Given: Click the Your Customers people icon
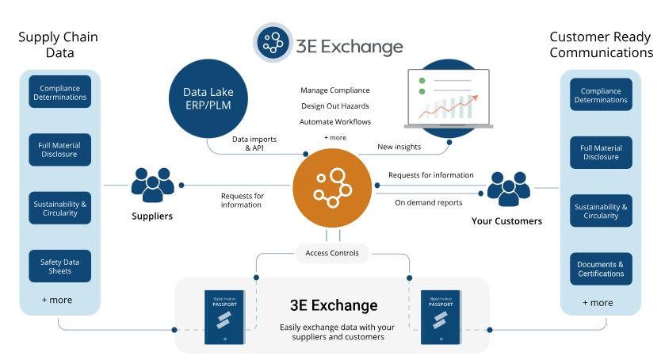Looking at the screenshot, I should click(x=507, y=189).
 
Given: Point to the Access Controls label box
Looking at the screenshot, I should click(x=332, y=254).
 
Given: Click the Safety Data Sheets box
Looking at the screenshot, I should click(x=60, y=266).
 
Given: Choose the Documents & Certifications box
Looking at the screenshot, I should click(x=601, y=269).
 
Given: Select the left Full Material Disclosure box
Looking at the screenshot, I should click(x=60, y=149).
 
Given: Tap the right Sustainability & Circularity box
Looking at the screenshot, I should click(x=601, y=211).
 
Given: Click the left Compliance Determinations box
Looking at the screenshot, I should click(x=60, y=91).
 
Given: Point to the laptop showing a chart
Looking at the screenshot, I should click(x=448, y=98).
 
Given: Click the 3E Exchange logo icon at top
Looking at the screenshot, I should click(x=272, y=43).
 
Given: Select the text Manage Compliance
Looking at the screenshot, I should click(x=335, y=90).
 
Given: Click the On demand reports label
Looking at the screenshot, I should click(x=428, y=202).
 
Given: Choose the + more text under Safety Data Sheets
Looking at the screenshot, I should click(x=57, y=300).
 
